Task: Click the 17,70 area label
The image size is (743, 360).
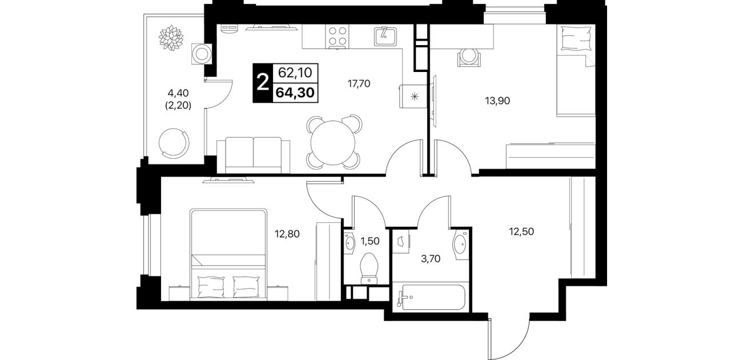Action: tap(359, 83)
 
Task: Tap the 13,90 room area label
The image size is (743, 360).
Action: tap(497, 101)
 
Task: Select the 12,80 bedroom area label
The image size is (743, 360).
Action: tap(287, 234)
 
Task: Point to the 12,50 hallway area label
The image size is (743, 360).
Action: tap(521, 231)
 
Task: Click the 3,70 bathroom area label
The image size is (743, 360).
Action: tap(431, 258)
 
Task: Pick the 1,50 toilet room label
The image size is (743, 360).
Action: tap(370, 241)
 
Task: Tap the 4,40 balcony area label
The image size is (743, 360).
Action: tap(178, 93)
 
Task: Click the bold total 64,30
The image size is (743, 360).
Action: tap(295, 93)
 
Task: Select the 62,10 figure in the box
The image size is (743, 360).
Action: tap(295, 73)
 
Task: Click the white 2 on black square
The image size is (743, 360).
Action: tap(263, 83)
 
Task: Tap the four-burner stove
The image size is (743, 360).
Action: tap(338, 37)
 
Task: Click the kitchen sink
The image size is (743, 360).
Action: tap(385, 37)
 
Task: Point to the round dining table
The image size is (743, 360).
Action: tap(333, 142)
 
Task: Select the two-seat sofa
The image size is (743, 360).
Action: tap(254, 155)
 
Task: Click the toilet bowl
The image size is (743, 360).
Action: tap(369, 269)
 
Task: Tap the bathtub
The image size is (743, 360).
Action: tap(431, 297)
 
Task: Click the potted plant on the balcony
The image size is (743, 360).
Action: tap(171, 38)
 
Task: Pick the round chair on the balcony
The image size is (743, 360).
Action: tap(174, 143)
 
